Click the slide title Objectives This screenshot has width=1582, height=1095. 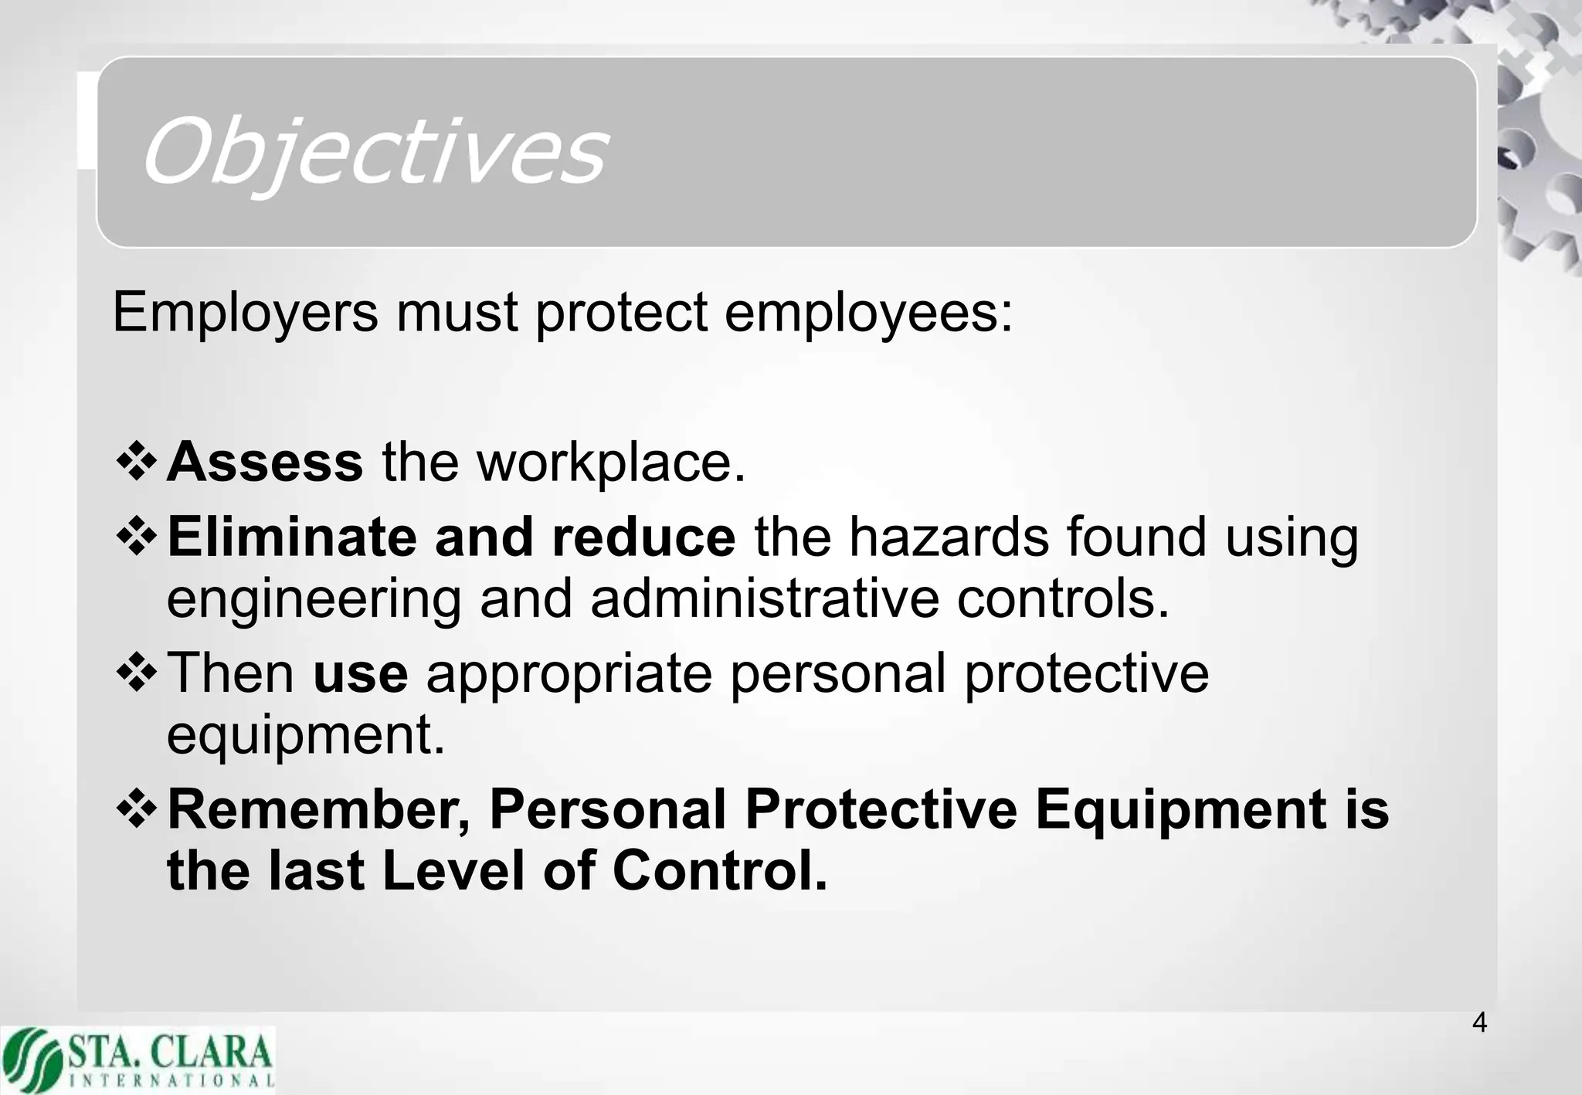[x=374, y=151]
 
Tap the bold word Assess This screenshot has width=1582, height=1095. [x=265, y=462]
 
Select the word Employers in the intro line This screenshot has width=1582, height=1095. [x=246, y=313]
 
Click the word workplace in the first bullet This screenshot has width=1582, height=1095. [x=611, y=463]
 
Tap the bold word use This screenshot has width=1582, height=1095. [x=360, y=673]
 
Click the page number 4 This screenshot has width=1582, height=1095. [x=1479, y=1022]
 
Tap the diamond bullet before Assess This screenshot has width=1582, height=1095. [x=137, y=463]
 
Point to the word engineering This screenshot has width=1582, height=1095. [x=314, y=600]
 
